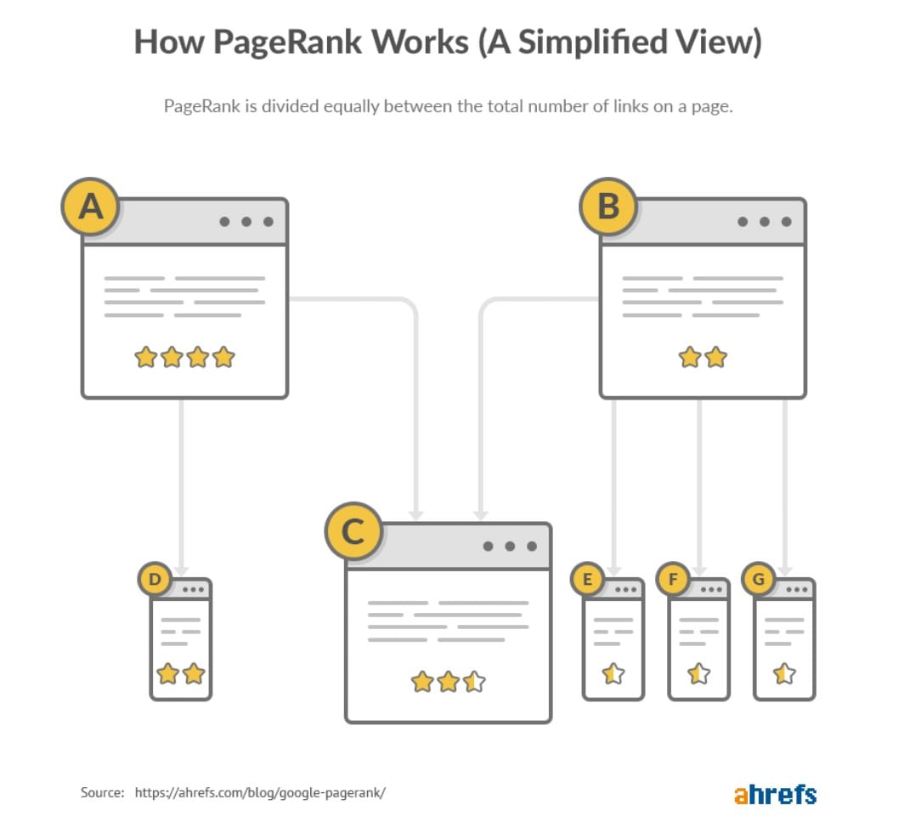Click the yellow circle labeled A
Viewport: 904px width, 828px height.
pos(90,207)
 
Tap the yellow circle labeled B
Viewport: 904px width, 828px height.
pos(608,207)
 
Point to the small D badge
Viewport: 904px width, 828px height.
pos(155,581)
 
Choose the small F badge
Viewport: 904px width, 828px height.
pos(674,581)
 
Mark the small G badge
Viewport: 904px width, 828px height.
pos(759,581)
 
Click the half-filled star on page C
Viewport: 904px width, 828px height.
pos(474,681)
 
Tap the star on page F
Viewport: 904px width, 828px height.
pos(698,674)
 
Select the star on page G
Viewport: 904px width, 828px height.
pos(784,674)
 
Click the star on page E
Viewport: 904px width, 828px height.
pos(613,674)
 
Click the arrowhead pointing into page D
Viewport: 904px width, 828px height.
pos(181,570)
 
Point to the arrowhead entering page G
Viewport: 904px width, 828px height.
pos(784,570)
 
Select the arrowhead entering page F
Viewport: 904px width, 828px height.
pos(698,570)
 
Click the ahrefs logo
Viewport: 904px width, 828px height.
pos(775,794)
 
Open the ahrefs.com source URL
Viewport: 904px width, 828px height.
pos(260,792)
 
